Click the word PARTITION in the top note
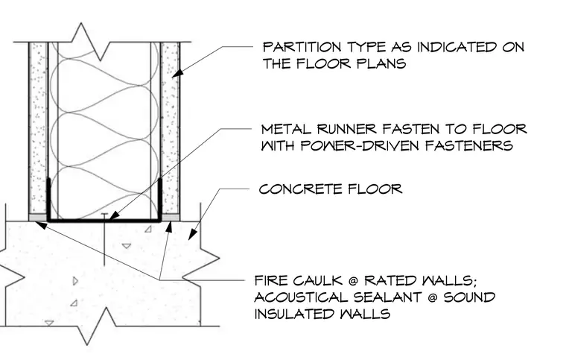click(302, 47)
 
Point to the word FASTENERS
click(469, 145)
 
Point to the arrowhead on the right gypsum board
click(177, 73)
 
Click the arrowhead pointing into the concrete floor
click(192, 235)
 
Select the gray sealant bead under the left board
click(37, 218)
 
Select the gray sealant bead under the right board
click(171, 218)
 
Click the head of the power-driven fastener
click(104, 215)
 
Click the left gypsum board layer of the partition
click(38, 128)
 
